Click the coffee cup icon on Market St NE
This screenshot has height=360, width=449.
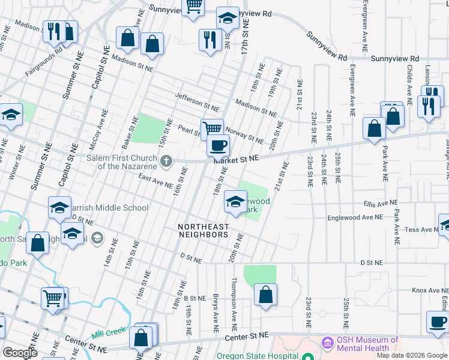coord(218,145)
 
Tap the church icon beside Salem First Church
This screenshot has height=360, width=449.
coord(167,161)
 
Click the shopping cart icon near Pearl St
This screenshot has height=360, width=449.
coord(212,128)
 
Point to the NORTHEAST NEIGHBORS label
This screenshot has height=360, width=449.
coord(203,230)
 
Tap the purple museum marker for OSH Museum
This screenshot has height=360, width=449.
coord(327,343)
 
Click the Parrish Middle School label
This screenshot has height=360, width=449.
coord(112,208)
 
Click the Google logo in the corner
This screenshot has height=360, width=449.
coord(20,353)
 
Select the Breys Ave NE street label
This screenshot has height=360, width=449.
coord(215,313)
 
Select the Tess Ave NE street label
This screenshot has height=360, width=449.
coord(422,230)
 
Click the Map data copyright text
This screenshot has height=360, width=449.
coord(412,355)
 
